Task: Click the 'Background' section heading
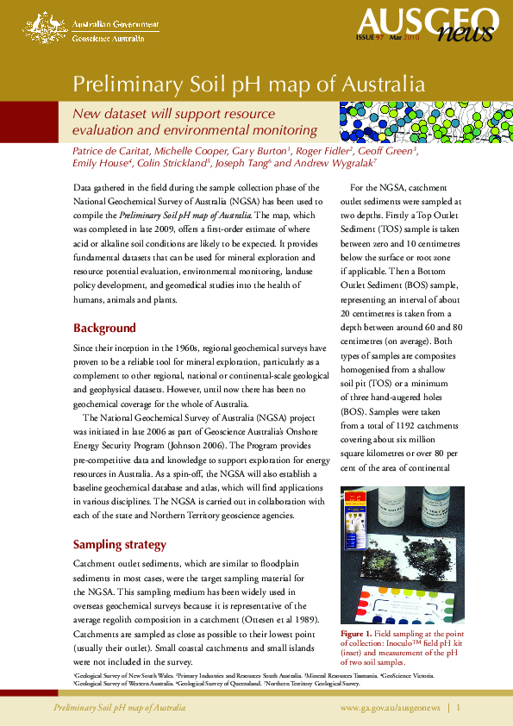pyautogui.click(x=104, y=329)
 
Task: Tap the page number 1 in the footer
pyautogui.click(x=460, y=707)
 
